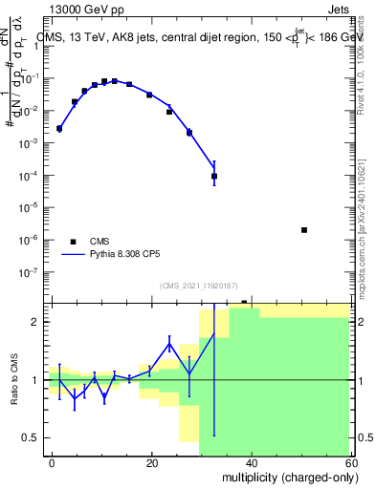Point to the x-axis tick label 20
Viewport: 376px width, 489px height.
point(151,463)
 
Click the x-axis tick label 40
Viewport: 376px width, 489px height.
point(251,463)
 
